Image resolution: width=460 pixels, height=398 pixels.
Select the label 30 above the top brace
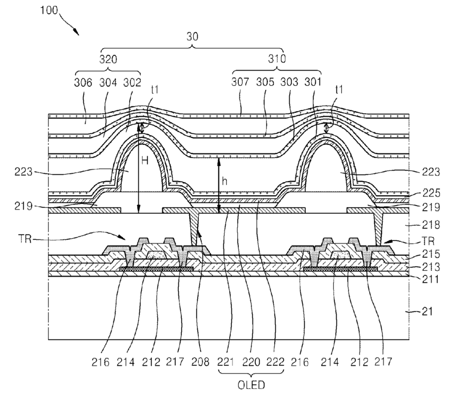(193, 36)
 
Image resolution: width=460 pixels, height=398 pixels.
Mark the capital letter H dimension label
(145, 161)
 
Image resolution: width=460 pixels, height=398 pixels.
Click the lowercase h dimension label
(224, 180)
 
